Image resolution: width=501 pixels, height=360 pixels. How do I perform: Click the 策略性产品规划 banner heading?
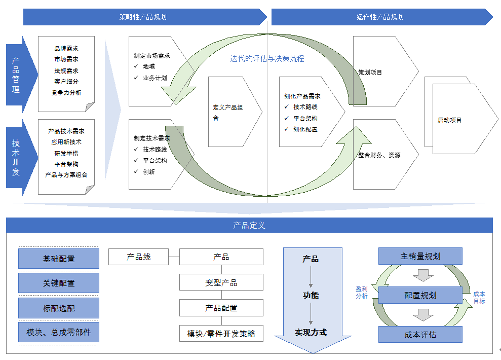click(142, 17)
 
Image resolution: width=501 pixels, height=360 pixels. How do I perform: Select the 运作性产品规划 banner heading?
click(380, 17)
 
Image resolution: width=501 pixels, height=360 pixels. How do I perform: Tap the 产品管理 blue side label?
click(16, 75)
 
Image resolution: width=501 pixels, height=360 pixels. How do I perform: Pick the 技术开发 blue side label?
click(16, 157)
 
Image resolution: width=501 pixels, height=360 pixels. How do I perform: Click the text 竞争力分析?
click(66, 93)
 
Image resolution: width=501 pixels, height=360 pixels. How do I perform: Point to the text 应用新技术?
click(66, 142)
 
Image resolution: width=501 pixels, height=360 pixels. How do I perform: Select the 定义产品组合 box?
click(228, 113)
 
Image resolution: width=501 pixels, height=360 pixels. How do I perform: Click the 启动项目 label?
click(450, 120)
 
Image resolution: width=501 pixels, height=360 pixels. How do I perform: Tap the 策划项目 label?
click(370, 73)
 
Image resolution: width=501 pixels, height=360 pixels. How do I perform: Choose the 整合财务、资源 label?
click(379, 155)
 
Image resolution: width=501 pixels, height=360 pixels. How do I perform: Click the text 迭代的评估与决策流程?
click(267, 59)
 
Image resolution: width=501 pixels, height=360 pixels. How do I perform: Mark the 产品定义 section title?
click(249, 225)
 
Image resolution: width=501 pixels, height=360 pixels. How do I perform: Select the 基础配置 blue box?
click(59, 259)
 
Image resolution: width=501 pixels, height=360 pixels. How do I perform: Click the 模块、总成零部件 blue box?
click(59, 333)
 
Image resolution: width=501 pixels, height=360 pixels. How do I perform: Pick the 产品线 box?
click(138, 257)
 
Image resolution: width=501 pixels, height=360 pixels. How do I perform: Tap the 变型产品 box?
click(221, 282)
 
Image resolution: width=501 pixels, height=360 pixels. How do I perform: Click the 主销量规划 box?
click(420, 256)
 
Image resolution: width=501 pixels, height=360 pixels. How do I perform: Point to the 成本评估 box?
click(420, 335)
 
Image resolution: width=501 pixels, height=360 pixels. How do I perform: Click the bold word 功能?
click(311, 295)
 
